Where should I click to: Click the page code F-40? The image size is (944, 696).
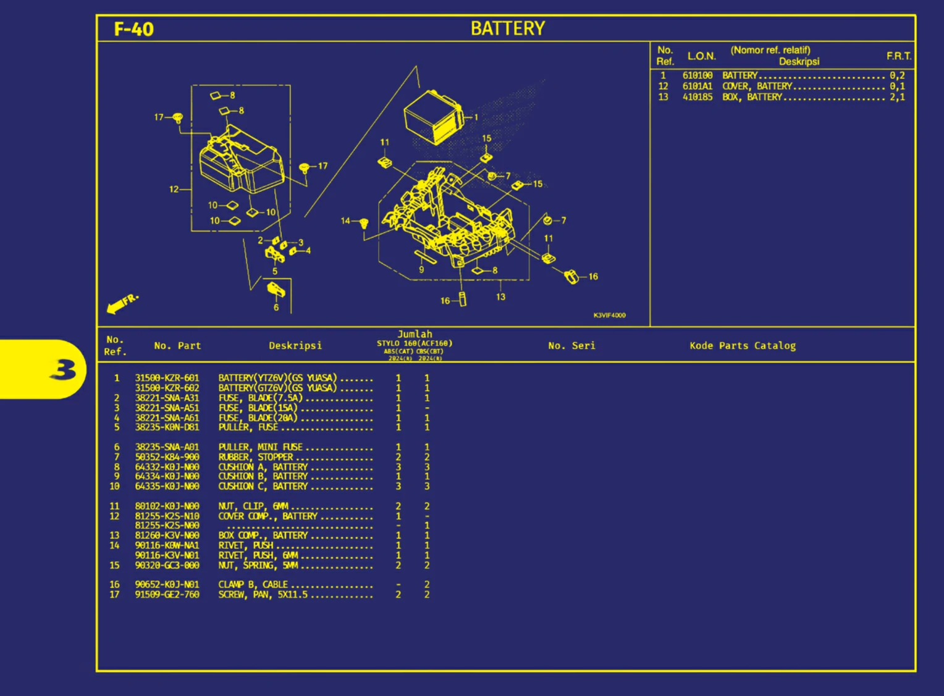coord(134,29)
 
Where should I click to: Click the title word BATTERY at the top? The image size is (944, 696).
coord(507,28)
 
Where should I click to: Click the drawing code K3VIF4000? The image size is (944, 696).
coord(609,316)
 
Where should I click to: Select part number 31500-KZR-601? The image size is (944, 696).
coord(167,378)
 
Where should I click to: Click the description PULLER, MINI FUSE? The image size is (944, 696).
coord(260,447)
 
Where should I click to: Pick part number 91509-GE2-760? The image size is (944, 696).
coord(167,595)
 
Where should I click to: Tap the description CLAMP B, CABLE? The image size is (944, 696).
coord(253,584)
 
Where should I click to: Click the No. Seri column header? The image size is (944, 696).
coord(571,346)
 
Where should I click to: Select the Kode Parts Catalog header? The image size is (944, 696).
coord(743,346)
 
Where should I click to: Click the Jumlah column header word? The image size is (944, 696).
coord(415,334)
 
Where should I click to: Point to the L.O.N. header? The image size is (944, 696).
coord(701,56)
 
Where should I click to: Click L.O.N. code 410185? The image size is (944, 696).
coord(697,97)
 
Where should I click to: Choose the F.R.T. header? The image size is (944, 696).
coord(898,56)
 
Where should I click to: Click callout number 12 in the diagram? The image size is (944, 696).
coord(174,189)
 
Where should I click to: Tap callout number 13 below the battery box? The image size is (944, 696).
coord(500,297)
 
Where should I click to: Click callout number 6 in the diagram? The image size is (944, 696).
coord(276,307)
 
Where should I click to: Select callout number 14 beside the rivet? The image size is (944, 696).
coord(345,220)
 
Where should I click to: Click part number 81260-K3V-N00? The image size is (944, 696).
coord(167,535)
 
